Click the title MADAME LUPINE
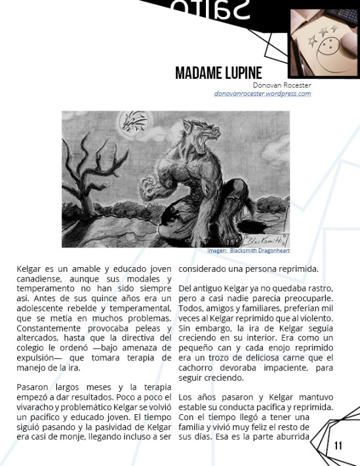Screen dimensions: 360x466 [x=218, y=72]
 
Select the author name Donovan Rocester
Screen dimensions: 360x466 [x=282, y=85]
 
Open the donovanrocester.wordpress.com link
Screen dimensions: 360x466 [x=262, y=93]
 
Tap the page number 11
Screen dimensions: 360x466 [x=338, y=446]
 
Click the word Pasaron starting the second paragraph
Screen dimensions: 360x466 [x=33, y=387]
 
